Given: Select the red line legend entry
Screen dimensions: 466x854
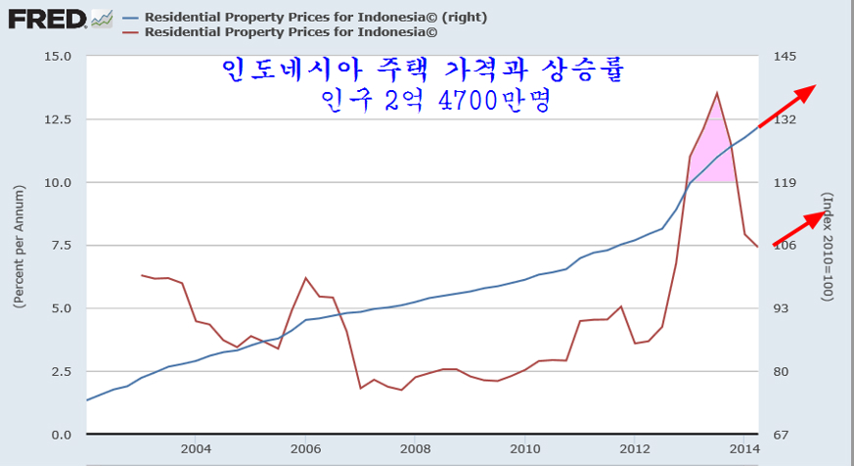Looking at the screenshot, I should pos(290,31).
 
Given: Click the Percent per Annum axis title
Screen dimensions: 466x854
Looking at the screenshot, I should pos(19,245).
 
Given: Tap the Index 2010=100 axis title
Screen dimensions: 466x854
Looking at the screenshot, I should pos(828,245).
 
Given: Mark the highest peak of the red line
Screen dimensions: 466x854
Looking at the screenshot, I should pos(717,93).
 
